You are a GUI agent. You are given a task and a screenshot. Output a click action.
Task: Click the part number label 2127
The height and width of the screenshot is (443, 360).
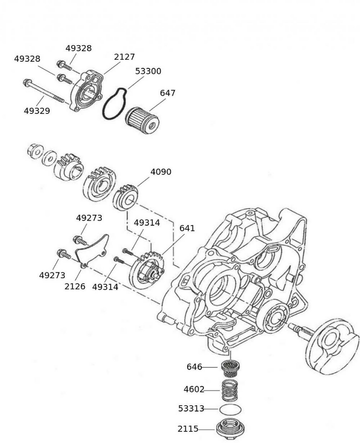click(124, 57)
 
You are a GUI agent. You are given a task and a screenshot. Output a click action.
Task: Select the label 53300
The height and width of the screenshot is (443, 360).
click(148, 71)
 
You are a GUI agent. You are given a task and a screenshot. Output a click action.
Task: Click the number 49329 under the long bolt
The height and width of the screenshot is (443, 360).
click(37, 111)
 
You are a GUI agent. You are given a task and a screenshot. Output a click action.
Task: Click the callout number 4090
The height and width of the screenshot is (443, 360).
click(160, 172)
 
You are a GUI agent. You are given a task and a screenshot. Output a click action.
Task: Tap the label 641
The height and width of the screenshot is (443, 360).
click(187, 229)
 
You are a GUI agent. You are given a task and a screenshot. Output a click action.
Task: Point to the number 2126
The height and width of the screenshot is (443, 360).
click(75, 286)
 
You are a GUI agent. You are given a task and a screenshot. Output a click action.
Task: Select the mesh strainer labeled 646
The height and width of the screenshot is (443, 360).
click(231, 368)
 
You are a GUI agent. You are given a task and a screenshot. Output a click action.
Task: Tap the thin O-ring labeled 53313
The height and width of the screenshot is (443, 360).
click(231, 409)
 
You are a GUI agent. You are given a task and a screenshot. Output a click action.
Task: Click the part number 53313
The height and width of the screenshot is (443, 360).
click(191, 409)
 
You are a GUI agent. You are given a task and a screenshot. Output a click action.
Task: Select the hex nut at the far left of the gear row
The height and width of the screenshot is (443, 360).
click(34, 150)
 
